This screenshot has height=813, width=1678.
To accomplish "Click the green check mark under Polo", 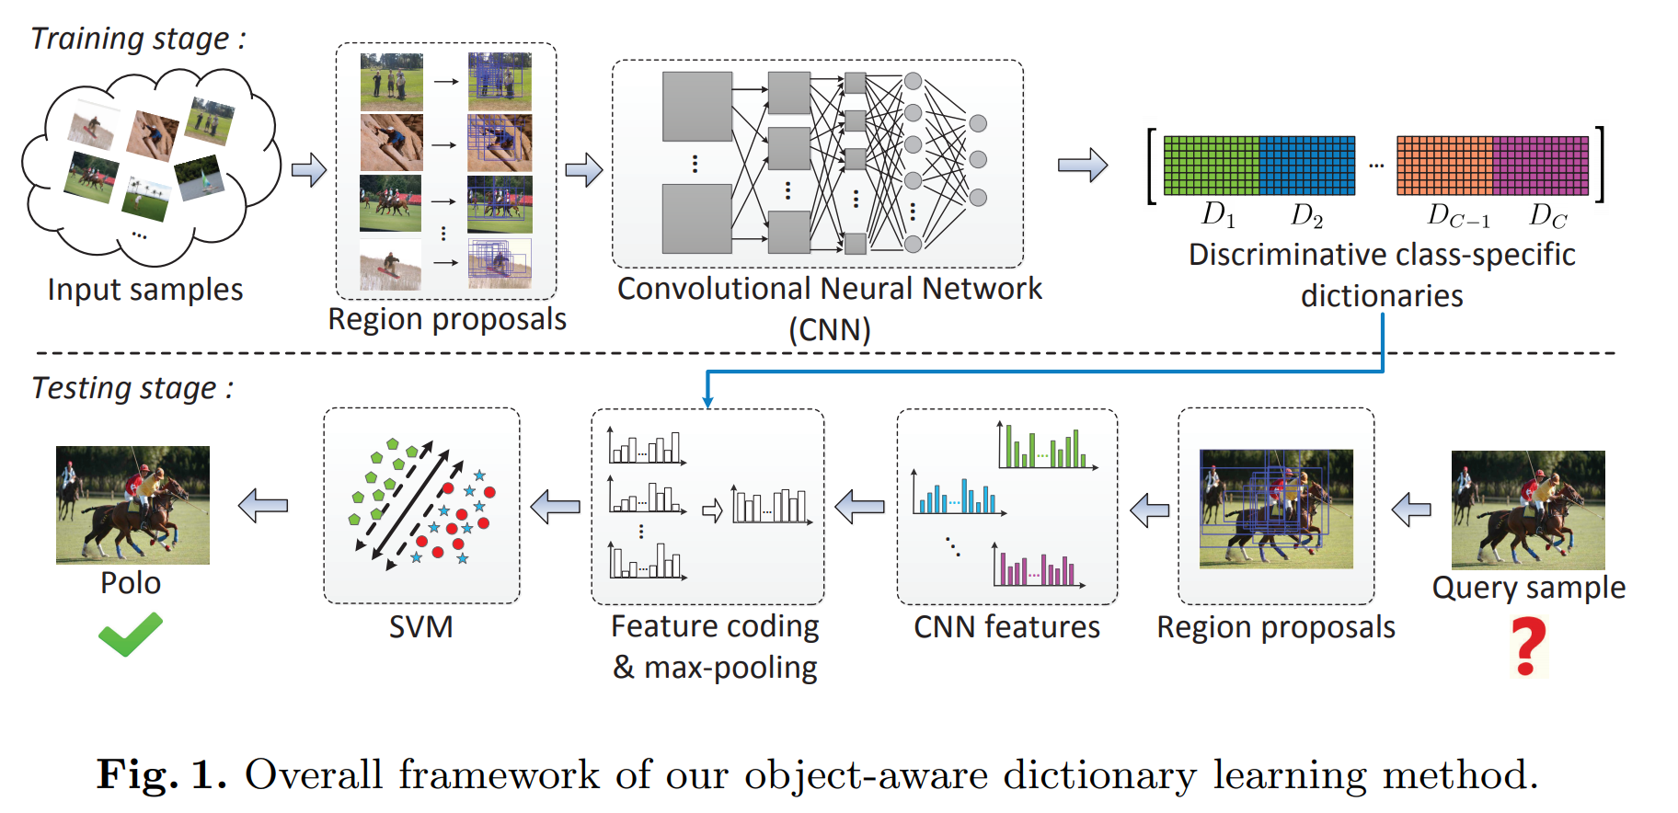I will coord(130,636).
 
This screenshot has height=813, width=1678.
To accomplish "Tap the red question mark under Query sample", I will coord(1529,647).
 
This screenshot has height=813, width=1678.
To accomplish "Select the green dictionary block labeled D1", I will coord(1211,166).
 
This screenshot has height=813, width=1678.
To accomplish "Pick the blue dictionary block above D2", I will coord(1307,166).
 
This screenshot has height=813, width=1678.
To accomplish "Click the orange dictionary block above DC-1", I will coord(1444,166).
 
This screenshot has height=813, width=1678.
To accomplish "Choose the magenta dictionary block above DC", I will coord(1541,166).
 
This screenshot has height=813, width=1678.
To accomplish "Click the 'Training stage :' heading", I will coord(139,39).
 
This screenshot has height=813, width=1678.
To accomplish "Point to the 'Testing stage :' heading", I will coord(132,388).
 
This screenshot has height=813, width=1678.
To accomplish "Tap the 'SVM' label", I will coord(420,627).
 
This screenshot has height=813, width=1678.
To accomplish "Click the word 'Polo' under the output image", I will coord(131,583).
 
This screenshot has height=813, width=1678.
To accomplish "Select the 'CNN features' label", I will coord(1006,627).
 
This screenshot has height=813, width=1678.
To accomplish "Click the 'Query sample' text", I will coord(1528,588).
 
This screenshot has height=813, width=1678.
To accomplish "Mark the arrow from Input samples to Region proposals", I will coord(309,170).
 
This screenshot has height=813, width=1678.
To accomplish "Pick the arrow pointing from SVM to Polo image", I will coord(263,505).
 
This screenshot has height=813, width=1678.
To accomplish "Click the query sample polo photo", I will coord(1527,510).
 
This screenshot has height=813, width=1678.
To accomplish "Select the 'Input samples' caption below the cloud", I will coord(145,290).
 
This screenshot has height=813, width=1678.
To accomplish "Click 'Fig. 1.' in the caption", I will coord(162,774).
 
